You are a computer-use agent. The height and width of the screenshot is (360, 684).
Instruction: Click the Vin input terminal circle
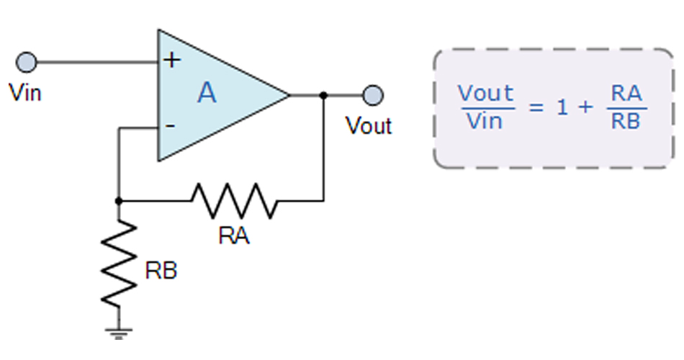pyautogui.click(x=27, y=63)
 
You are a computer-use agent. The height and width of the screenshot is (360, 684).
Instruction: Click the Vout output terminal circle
pyautogui.click(x=373, y=95)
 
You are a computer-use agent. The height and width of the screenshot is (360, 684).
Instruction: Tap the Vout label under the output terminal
pyautogui.click(x=369, y=126)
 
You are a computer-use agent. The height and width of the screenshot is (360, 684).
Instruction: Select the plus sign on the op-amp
pyautogui.click(x=171, y=60)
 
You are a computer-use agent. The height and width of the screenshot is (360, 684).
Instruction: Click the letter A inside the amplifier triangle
pyautogui.click(x=207, y=94)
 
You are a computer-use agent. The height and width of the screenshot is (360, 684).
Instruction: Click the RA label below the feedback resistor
pyautogui.click(x=234, y=235)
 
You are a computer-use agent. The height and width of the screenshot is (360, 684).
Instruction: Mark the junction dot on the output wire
pyautogui.click(x=324, y=95)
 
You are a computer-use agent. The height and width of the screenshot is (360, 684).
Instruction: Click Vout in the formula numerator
pyautogui.click(x=486, y=94)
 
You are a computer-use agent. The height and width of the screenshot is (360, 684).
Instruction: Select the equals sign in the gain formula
pyautogui.click(x=534, y=107)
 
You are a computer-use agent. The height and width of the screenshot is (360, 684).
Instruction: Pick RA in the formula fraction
pyautogui.click(x=626, y=94)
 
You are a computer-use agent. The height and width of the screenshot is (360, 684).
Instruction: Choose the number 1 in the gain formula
pyautogui.click(x=562, y=107)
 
